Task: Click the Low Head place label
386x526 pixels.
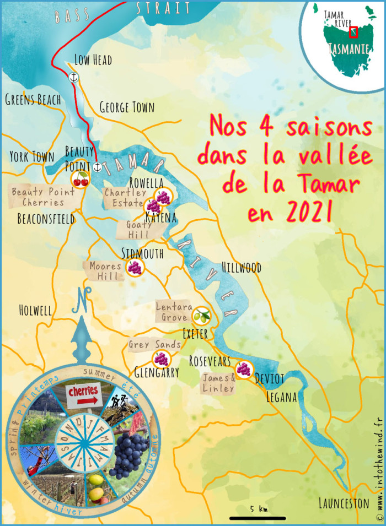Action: (x=93, y=59)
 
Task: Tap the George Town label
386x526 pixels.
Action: (x=127, y=107)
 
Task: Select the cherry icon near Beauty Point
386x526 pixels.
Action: (x=81, y=179)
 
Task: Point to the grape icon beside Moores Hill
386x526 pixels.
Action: (x=135, y=268)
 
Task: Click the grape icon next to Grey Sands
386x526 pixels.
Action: (x=160, y=359)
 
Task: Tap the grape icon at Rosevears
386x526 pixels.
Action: (x=243, y=368)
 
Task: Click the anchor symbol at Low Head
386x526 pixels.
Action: (x=72, y=78)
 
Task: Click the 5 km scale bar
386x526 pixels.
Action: (x=258, y=518)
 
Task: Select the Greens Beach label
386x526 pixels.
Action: (x=32, y=100)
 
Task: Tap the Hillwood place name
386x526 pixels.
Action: (x=242, y=268)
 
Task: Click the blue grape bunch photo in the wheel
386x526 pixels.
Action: (x=132, y=441)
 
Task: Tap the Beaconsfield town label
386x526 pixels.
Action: (x=46, y=219)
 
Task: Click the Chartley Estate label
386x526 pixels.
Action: (x=126, y=198)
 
